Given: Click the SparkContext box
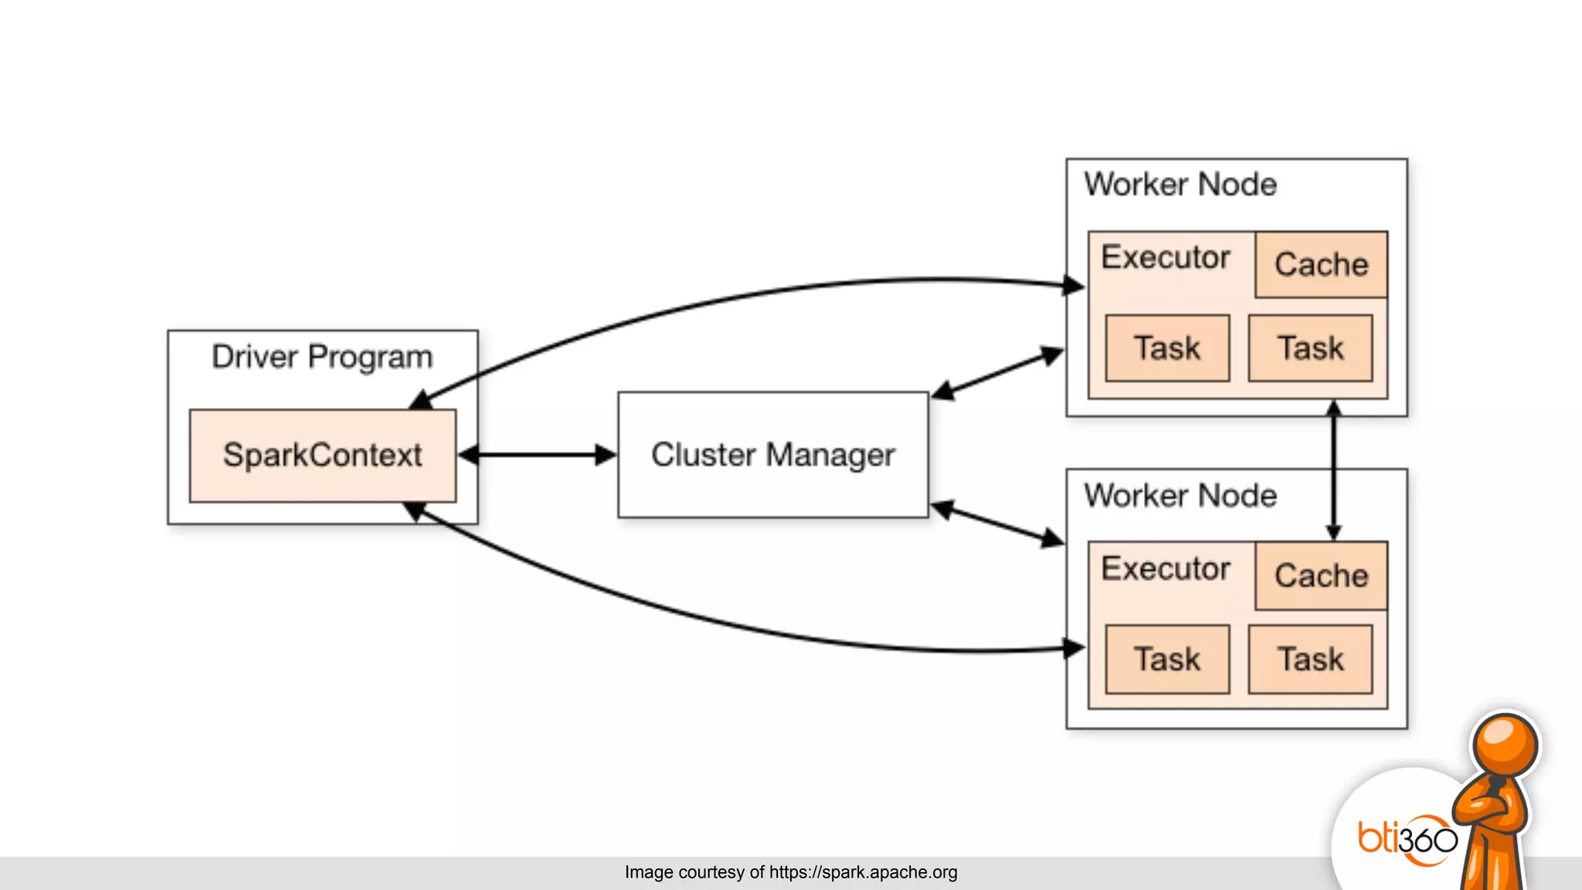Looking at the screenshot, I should pos(322,455).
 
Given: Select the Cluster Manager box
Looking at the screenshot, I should pos(772,454).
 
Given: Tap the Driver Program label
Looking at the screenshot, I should pos(322,357).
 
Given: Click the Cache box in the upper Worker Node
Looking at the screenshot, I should pos(1321,264).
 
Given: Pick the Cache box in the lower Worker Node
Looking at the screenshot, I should pos(1321,576).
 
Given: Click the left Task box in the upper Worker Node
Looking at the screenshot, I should pos(1167,348).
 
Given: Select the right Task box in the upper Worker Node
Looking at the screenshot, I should pos(1310,348).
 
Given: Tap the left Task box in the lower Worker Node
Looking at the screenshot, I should pos(1167,659).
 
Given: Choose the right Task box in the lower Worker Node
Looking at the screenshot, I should pos(1310,659).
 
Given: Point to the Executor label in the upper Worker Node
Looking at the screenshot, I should pos(1165,257).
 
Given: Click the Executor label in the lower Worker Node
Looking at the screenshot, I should pos(1165,569).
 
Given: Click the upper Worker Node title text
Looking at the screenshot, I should pos(1180,185).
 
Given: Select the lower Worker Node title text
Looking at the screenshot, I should pos(1180,496).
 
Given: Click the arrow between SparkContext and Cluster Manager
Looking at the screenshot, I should pos(538,455).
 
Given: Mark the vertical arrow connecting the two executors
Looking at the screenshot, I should pos(1333,470).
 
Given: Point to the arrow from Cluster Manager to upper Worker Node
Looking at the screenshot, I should pos(997,374).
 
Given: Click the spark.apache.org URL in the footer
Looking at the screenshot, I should pos(863,872).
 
